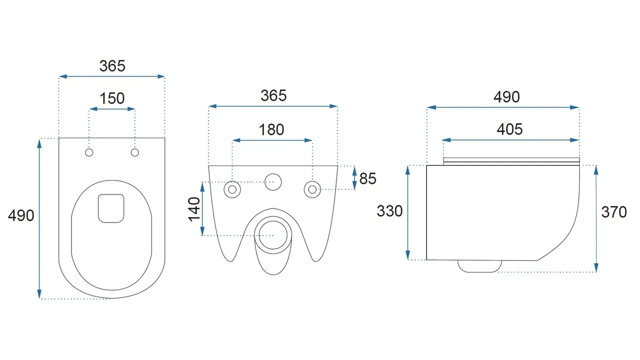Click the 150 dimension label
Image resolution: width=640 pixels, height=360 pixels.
[x=112, y=98]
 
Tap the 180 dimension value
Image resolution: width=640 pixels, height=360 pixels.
[x=271, y=129]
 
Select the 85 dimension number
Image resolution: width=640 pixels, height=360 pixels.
[x=367, y=178]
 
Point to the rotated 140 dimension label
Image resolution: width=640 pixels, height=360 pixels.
[x=194, y=209]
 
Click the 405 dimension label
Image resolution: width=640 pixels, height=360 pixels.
[x=509, y=129]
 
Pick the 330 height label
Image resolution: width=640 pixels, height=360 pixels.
[x=389, y=211]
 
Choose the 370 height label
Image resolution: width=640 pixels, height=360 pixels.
[x=614, y=212]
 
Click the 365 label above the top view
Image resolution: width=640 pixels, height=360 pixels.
[x=112, y=66]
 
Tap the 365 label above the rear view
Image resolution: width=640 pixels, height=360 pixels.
[x=273, y=95]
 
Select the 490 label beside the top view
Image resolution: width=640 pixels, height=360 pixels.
[x=21, y=215]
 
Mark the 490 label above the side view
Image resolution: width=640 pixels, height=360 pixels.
[x=506, y=97]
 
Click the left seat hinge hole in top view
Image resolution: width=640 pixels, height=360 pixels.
[x=89, y=152]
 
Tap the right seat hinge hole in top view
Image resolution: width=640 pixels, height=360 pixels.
[x=135, y=152]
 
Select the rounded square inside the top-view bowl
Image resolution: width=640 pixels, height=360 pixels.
[x=111, y=208]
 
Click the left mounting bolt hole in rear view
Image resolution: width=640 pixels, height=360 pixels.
[x=232, y=189]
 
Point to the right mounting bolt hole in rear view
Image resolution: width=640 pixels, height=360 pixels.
[x=312, y=189]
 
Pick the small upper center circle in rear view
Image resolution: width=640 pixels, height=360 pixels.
[x=273, y=182]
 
